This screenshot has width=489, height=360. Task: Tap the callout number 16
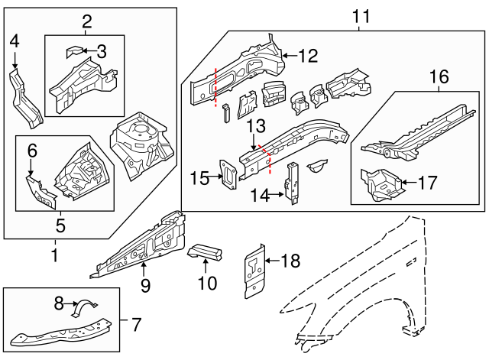coord(439,76)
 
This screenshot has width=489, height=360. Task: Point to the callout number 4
coord(14,41)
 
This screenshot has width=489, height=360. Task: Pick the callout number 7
coord(137,324)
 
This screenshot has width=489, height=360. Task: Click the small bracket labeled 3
coord(75,51)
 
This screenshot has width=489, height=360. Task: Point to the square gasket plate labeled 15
coord(227,173)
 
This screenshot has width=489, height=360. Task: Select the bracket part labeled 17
coord(380,182)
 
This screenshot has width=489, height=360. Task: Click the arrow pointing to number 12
coord(286,55)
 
